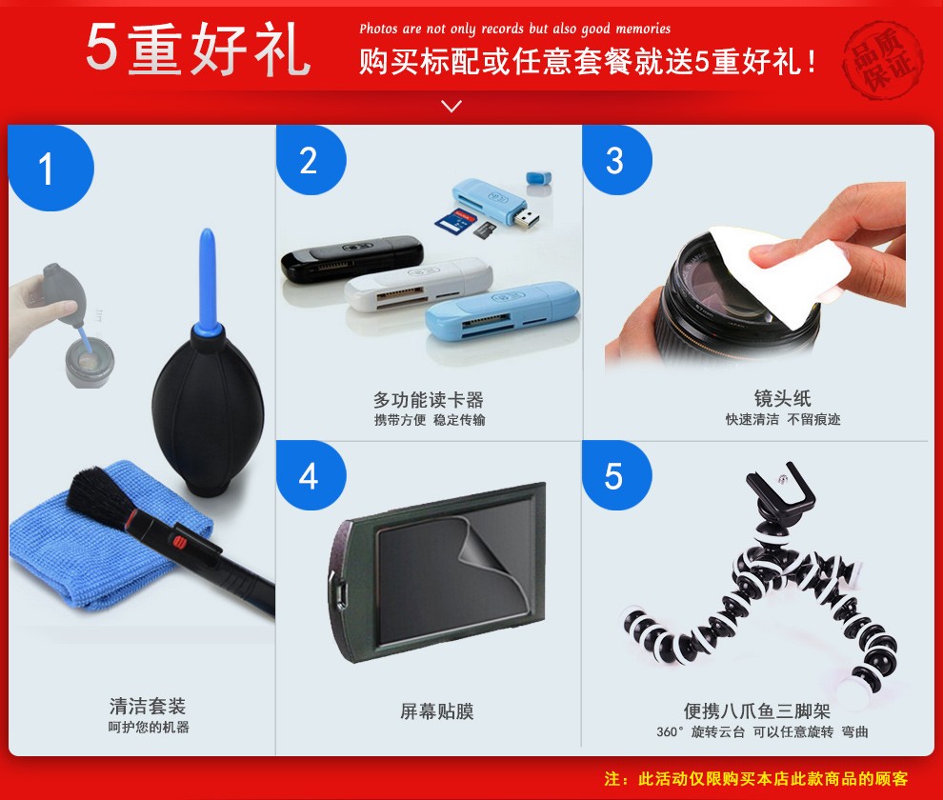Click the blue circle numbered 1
(x=50, y=168)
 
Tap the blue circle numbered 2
(x=311, y=160)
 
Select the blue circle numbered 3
(x=617, y=160)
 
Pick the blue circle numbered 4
(x=311, y=475)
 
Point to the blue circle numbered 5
(x=617, y=475)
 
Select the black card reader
(x=351, y=257)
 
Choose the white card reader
(x=418, y=284)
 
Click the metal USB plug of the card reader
(x=526, y=217)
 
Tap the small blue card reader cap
(x=539, y=178)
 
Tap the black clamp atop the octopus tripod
(x=781, y=488)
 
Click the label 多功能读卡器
(x=429, y=399)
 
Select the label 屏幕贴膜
(x=437, y=711)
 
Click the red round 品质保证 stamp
(x=883, y=59)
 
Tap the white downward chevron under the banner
(x=451, y=106)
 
